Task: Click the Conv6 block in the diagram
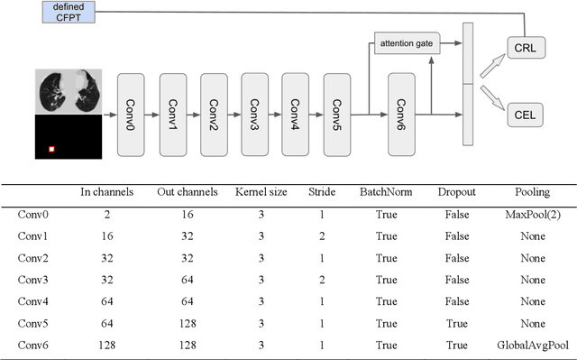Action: tap(407, 115)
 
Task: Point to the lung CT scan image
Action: tap(66, 91)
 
